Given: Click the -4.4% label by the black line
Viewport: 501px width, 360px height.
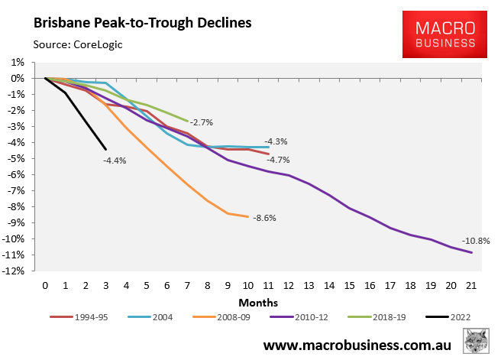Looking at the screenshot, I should pos(115,161).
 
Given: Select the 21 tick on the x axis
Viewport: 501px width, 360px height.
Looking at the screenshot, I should pos(470,287).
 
